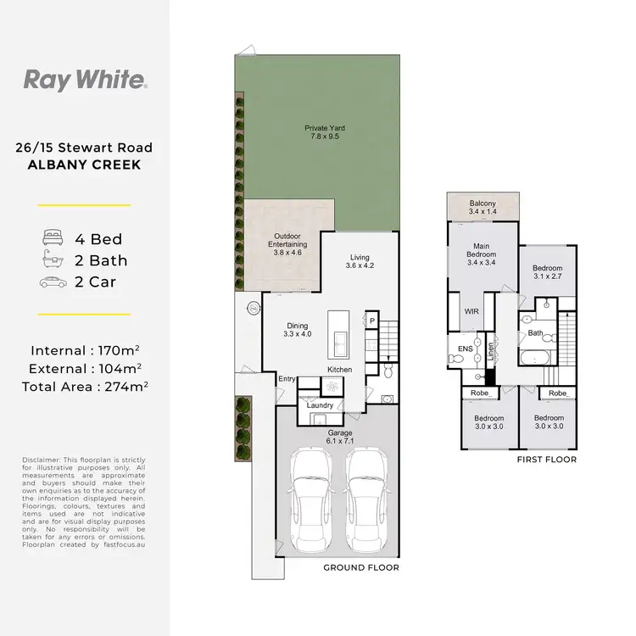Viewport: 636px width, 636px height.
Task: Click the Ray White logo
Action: [x=85, y=81]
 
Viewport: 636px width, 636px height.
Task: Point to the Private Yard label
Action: [x=326, y=133]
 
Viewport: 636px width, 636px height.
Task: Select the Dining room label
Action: [x=297, y=330]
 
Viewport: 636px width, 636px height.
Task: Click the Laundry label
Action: [x=320, y=404]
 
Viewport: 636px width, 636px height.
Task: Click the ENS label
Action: [x=465, y=348]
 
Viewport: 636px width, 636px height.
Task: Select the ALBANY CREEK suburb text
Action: [x=85, y=164]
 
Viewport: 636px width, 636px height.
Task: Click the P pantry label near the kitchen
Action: [x=372, y=320]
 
